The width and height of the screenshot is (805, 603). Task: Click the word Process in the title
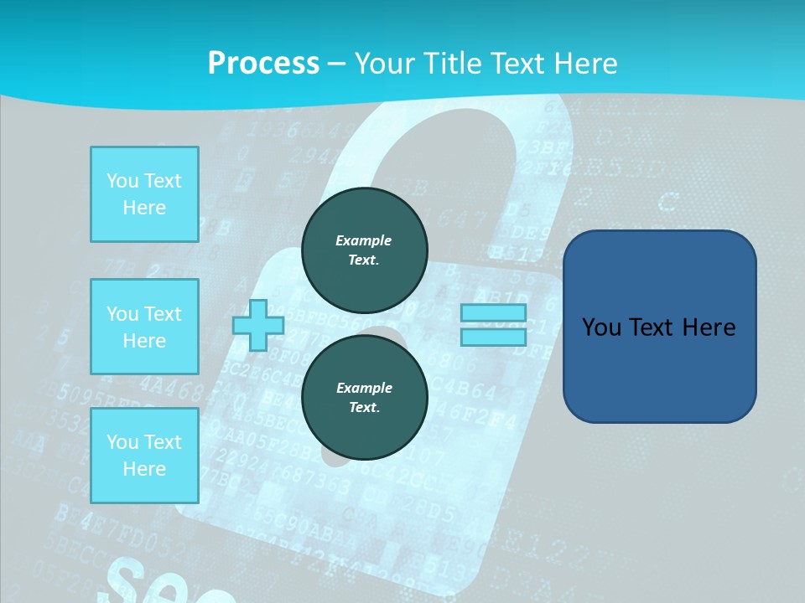point(263,64)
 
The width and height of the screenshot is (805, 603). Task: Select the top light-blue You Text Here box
point(144,194)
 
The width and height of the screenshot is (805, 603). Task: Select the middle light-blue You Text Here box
point(144,327)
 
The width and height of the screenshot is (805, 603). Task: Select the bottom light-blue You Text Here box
point(144,456)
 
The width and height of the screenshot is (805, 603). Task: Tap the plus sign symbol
point(257,325)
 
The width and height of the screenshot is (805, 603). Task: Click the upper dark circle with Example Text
point(365,250)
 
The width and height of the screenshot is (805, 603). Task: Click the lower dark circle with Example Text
point(365,398)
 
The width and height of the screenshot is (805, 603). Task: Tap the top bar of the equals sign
point(493,313)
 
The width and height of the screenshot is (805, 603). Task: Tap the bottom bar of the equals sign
point(493,337)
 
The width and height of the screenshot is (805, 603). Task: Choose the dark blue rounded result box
point(659,327)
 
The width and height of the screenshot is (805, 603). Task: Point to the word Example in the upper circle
point(364,240)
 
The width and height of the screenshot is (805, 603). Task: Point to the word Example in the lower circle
point(364,388)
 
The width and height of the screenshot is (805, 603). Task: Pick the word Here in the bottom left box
point(144,469)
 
